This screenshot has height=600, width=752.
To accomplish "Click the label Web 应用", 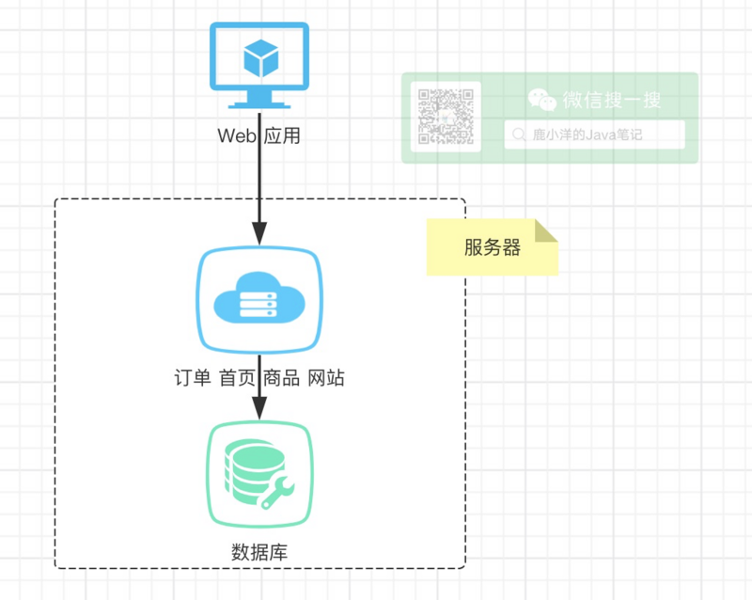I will (258, 136).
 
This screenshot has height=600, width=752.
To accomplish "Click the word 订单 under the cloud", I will (192, 378).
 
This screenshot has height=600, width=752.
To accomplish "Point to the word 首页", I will (237, 378).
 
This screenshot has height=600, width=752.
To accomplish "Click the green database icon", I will (258, 475).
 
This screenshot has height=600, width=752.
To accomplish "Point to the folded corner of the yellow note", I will (547, 230).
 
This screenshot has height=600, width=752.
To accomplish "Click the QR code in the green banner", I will (446, 117).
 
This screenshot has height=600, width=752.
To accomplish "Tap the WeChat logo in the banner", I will (541, 100).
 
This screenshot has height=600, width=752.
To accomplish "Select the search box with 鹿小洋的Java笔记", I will (594, 135).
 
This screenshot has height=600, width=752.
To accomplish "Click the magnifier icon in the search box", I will (519, 135).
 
